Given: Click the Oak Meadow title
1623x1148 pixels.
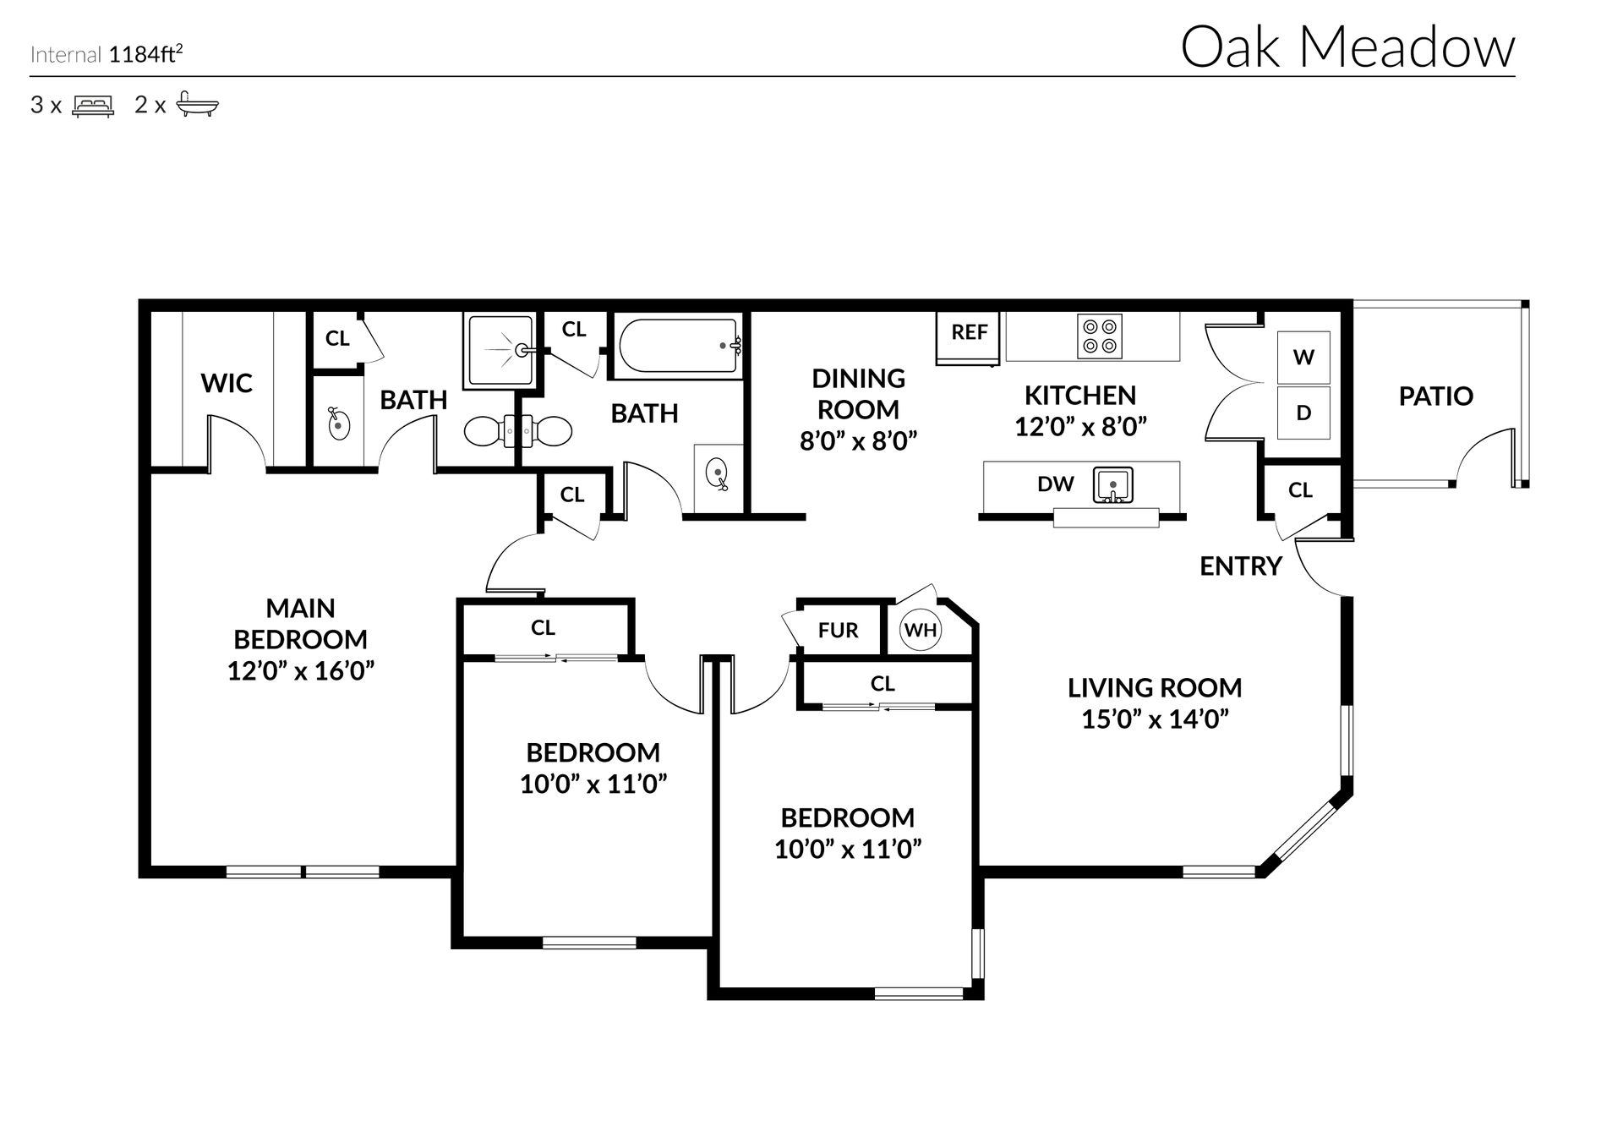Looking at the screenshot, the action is coord(1347,47).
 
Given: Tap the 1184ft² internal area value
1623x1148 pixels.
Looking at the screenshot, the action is coord(146,55).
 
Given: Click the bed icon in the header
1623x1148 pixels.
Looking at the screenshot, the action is coord(93,106).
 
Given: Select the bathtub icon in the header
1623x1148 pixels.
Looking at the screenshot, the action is coord(198,105).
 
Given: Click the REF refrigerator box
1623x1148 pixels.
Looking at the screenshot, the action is coord(969,338).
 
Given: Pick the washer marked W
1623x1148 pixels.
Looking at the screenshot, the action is coord(1303,357).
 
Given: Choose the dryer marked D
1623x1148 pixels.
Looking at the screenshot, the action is coord(1303,413).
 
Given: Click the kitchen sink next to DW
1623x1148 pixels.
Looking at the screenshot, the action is coord(1113,485).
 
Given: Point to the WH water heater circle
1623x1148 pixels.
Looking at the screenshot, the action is coord(921,630).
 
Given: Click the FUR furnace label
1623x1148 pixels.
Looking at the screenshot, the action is coord(838,631).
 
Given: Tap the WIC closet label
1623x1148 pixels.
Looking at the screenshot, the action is coord(227,383).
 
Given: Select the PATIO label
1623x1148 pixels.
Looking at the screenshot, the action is coord(1435,396).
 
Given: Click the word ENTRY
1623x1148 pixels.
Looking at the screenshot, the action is coord(1241,566).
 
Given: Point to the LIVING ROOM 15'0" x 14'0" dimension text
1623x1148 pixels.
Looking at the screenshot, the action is coord(1155,719).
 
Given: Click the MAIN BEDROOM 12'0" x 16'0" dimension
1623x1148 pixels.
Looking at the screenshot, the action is coord(301,671).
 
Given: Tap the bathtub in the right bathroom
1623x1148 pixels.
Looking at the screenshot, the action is coord(680,346).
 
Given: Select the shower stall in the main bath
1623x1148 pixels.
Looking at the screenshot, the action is coord(500,350).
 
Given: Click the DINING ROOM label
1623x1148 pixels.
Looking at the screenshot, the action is coord(858,394).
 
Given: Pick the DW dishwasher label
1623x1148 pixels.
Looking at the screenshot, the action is coord(1056,484).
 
